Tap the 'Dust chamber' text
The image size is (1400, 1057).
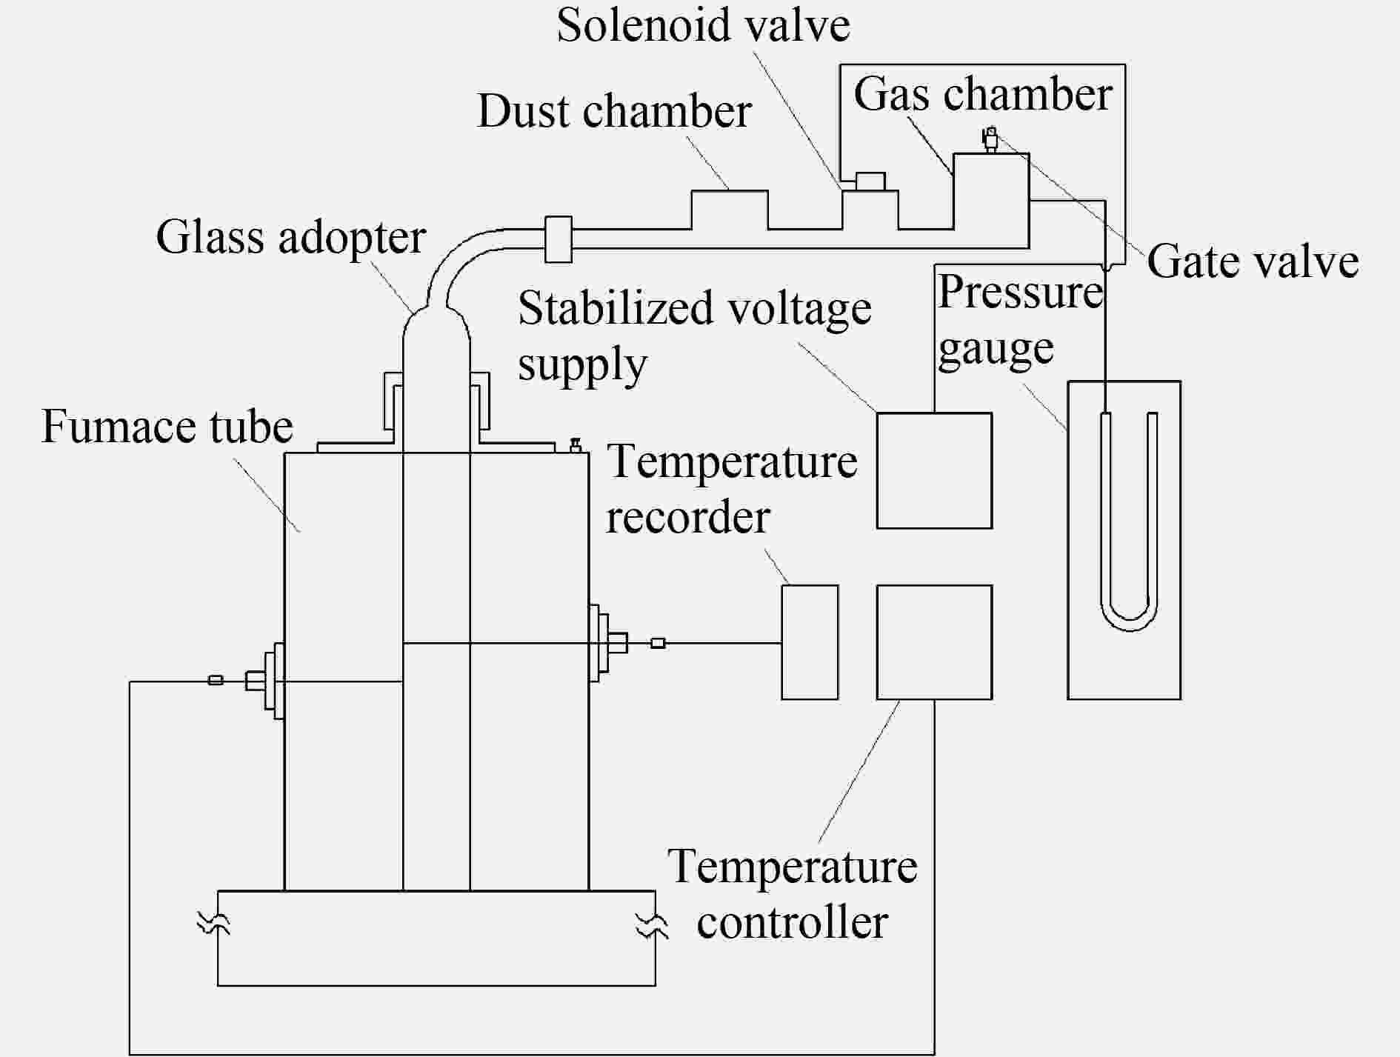[x=614, y=111]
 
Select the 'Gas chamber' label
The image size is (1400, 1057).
[x=983, y=95]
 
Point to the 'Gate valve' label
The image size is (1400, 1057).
[x=1253, y=261]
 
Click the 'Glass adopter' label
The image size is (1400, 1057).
[x=291, y=238]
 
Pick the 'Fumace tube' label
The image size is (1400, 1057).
[x=167, y=427]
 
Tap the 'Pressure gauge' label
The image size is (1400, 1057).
[x=1021, y=321]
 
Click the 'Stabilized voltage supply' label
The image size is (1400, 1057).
[x=695, y=336]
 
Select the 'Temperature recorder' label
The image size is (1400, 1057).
[x=732, y=489]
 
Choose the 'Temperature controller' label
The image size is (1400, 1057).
[x=793, y=894]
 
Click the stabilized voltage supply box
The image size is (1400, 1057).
[x=934, y=470]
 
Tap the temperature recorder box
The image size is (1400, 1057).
[x=810, y=642]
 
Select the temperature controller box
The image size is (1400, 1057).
[x=934, y=642]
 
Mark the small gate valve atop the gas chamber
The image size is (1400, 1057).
[x=990, y=139]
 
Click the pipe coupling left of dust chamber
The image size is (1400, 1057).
[x=559, y=239]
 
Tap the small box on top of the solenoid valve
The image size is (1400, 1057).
[x=870, y=181]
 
